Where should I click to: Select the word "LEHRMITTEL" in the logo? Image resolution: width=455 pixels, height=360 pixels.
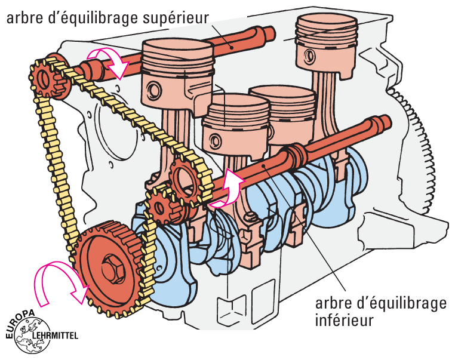(x=57, y=335)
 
